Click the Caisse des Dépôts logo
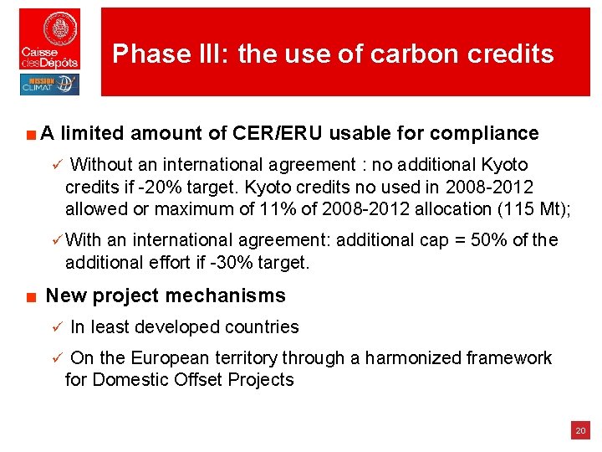point(50,39)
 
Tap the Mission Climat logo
point(50,85)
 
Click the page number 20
point(579,431)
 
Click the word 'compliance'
point(484,133)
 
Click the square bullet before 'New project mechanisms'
point(28,296)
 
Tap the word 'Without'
point(105,165)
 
